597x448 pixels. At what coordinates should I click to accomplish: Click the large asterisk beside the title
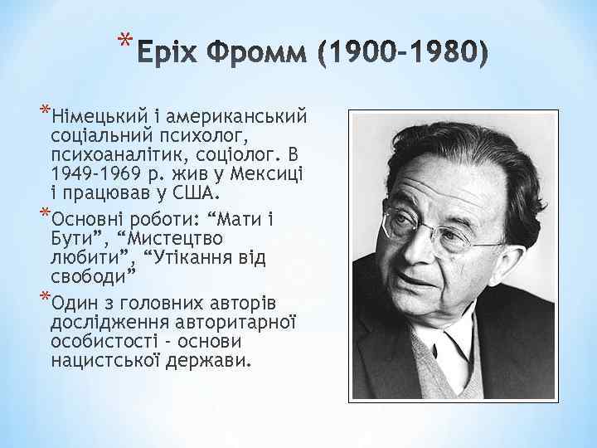124,41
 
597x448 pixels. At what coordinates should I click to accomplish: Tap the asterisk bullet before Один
44,297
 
